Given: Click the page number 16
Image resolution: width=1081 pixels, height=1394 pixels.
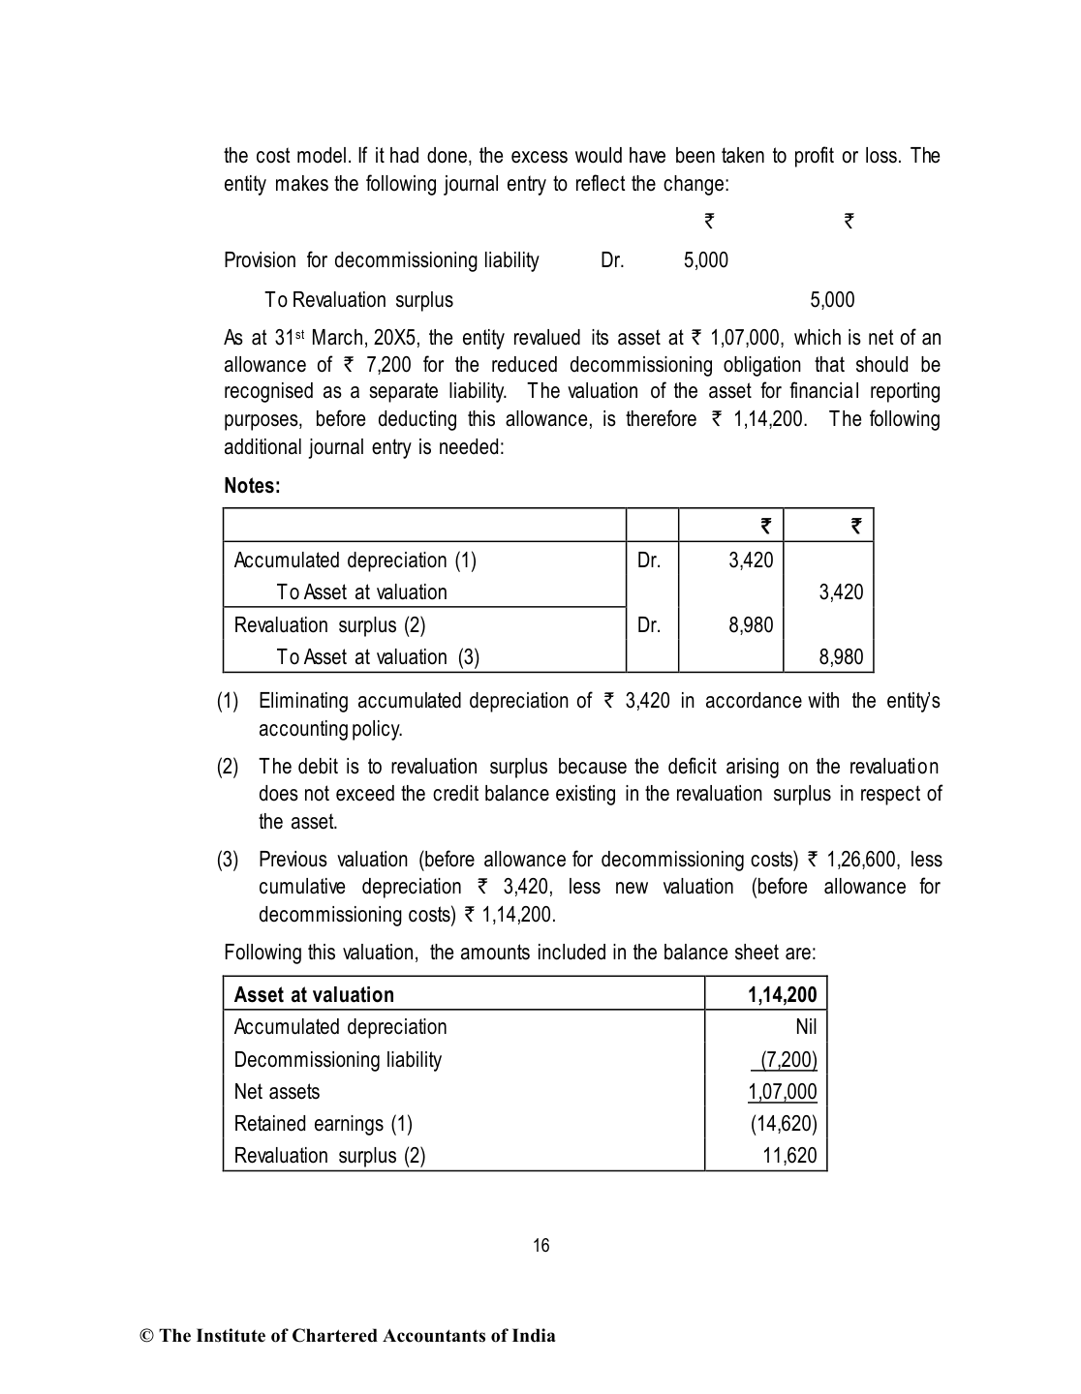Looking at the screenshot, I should (540, 1246).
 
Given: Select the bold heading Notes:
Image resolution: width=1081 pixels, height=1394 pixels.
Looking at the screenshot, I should (252, 486).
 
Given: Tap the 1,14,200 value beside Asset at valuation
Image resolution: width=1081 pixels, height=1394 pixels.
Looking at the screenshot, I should (782, 995).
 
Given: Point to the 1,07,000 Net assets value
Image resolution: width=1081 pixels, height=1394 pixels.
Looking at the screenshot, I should (782, 1092).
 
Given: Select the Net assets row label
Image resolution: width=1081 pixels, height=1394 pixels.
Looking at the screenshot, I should (276, 1092).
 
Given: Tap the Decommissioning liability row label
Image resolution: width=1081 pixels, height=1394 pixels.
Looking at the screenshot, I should (337, 1060).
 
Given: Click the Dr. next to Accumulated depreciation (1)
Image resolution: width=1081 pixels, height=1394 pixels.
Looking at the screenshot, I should (649, 561).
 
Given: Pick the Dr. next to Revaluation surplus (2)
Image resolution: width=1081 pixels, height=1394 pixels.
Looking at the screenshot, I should (649, 625).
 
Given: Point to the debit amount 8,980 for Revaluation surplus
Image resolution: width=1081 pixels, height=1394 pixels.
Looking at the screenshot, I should (751, 625).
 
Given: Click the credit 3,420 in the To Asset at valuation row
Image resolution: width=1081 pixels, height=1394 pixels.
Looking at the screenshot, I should (841, 592).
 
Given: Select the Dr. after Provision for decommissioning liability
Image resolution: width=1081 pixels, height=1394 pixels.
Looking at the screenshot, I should (612, 260).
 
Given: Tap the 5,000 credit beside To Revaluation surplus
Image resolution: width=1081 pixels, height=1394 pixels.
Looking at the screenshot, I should (832, 300).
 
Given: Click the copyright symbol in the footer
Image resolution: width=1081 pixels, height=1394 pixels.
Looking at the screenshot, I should (147, 1337).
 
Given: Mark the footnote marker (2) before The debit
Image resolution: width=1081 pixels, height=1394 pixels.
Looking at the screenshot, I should (228, 767).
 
